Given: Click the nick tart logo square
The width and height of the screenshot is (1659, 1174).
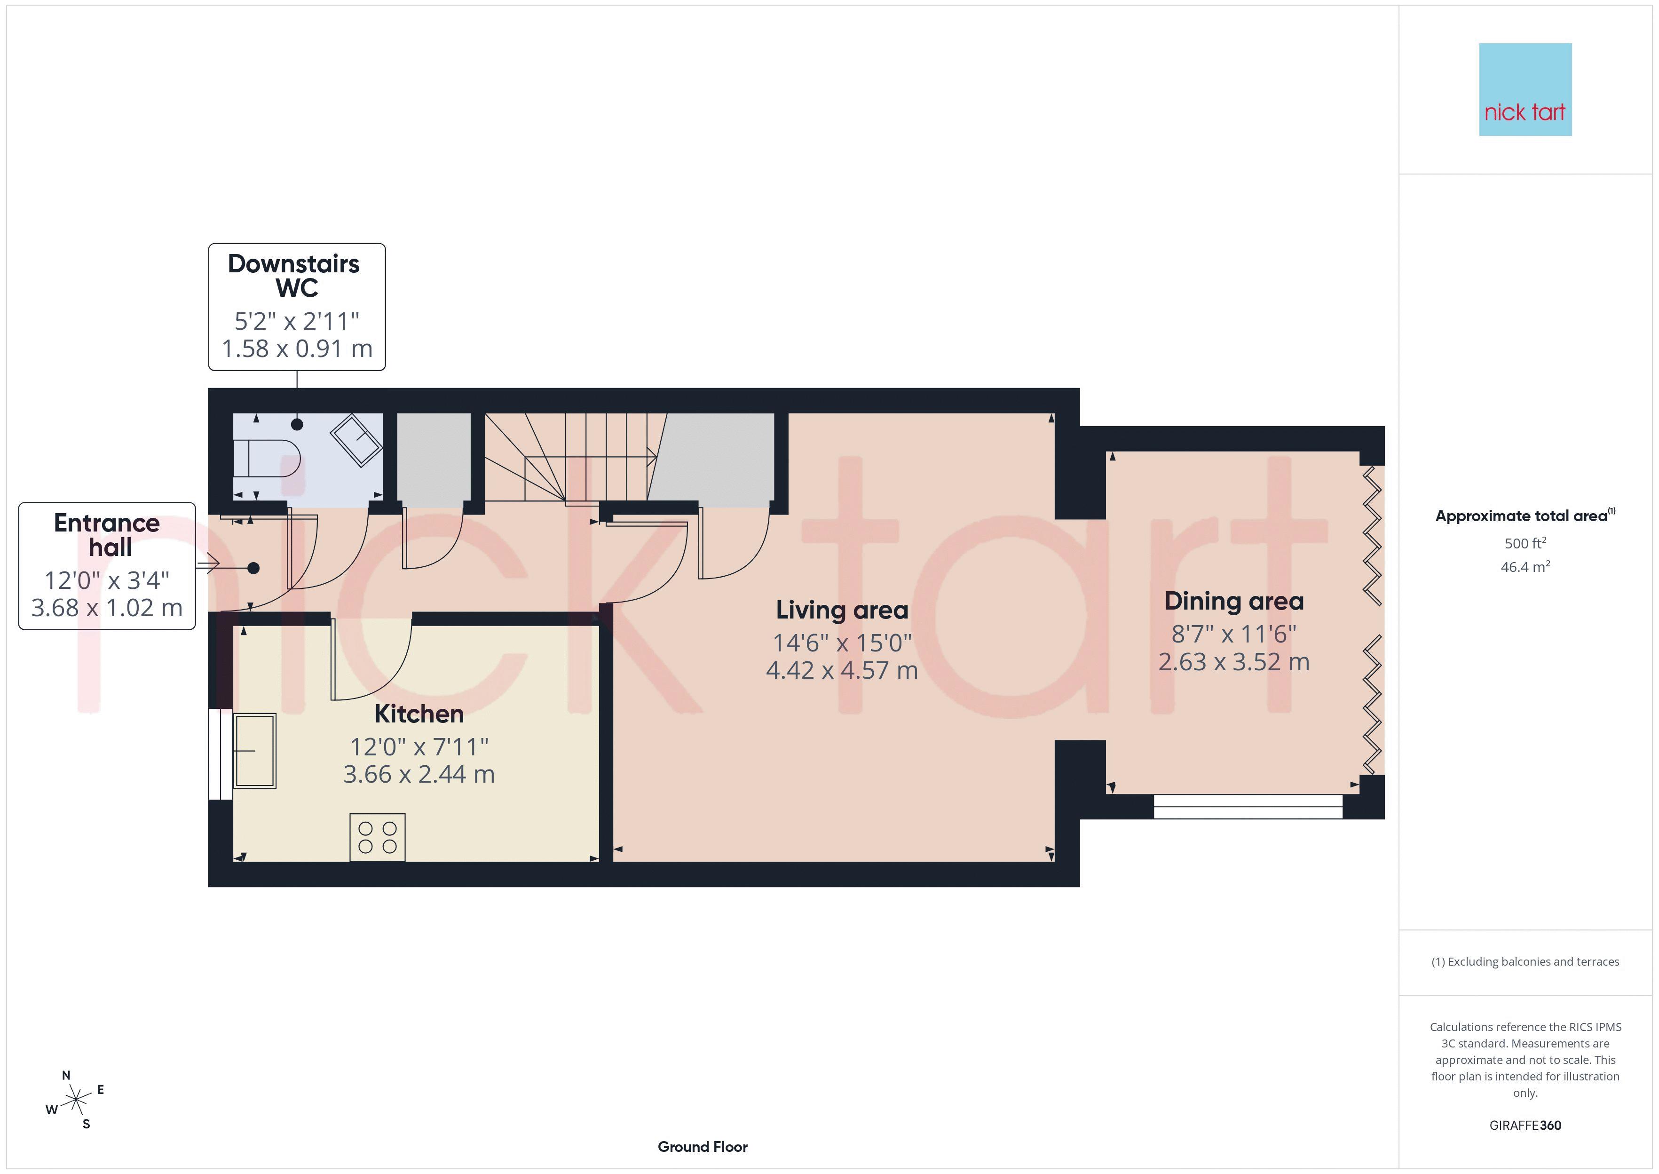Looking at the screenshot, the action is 1525,90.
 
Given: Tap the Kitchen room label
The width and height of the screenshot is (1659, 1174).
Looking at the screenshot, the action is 419,714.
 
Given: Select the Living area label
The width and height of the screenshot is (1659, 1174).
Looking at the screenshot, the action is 842,610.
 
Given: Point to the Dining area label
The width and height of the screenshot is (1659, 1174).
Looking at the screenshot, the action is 1234,602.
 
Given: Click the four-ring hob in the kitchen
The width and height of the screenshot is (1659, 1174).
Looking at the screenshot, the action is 377,837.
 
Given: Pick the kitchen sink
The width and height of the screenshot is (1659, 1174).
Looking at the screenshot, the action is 255,750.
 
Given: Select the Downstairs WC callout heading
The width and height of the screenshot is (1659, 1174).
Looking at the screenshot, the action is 294,276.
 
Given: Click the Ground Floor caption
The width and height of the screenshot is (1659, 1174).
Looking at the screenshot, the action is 703,1147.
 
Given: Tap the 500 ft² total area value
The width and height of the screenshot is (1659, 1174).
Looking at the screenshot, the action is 1525,543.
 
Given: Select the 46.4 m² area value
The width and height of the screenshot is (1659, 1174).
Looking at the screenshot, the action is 1525,567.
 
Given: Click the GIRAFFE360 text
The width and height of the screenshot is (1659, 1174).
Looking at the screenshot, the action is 1525,1126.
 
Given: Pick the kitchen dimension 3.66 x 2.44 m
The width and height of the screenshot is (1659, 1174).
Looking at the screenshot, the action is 419,774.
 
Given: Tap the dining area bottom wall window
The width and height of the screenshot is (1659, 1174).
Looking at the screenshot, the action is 1248,806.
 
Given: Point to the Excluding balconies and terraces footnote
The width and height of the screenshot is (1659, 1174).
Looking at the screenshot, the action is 1525,961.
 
